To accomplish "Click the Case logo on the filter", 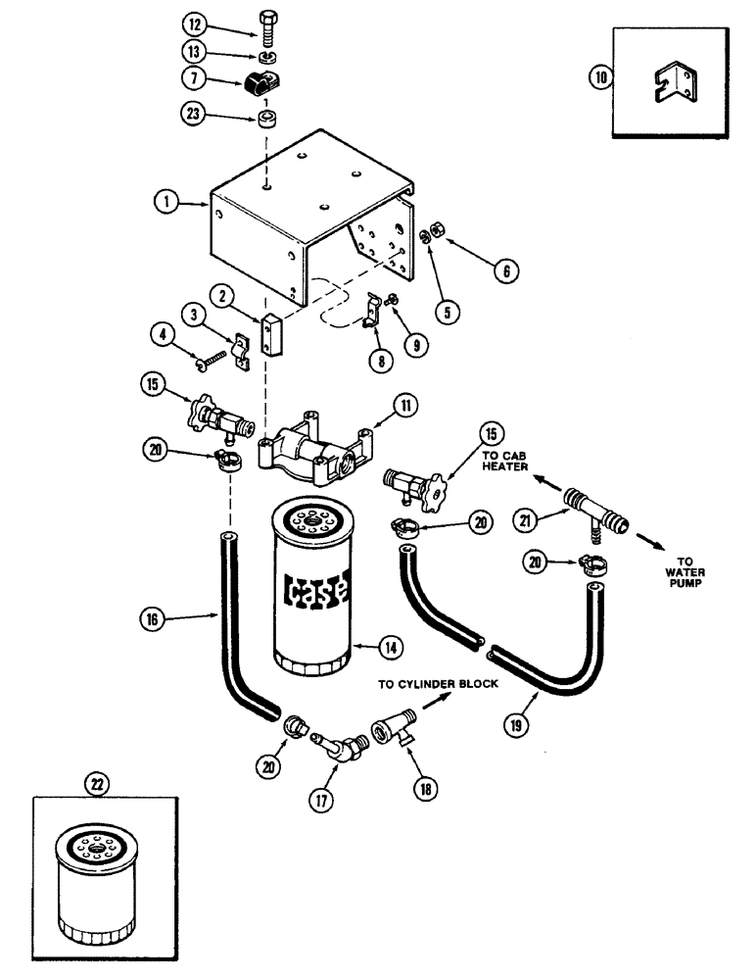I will click(315, 590).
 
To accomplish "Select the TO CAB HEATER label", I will click(506, 462).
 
